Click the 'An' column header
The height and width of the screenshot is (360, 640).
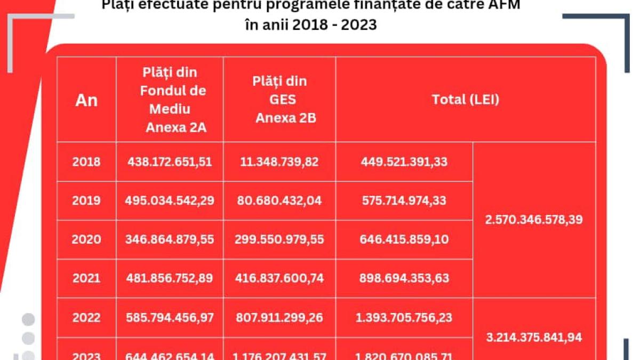[86, 100]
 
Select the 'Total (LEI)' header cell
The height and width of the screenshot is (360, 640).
[465, 100]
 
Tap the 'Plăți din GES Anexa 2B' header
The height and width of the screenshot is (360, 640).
[280, 100]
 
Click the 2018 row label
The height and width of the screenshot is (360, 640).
[86, 162]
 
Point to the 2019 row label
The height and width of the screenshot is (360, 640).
[86, 201]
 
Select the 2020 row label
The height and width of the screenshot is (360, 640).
[86, 239]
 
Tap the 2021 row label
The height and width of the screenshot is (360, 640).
[86, 278]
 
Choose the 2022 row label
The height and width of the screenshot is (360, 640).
[86, 318]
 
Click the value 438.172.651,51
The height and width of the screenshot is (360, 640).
[170, 162]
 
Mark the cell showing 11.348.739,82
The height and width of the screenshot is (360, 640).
[280, 162]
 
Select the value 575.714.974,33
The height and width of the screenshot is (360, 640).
[404, 201]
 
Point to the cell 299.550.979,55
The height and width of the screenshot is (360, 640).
[280, 239]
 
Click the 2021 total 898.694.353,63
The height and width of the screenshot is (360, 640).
[404, 278]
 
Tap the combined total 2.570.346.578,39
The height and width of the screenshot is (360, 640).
[534, 220]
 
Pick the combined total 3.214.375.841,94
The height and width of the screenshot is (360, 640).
[534, 338]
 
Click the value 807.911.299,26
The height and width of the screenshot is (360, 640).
[280, 318]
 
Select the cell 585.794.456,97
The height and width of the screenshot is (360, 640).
[170, 318]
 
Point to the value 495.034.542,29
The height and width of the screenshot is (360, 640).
[170, 201]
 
